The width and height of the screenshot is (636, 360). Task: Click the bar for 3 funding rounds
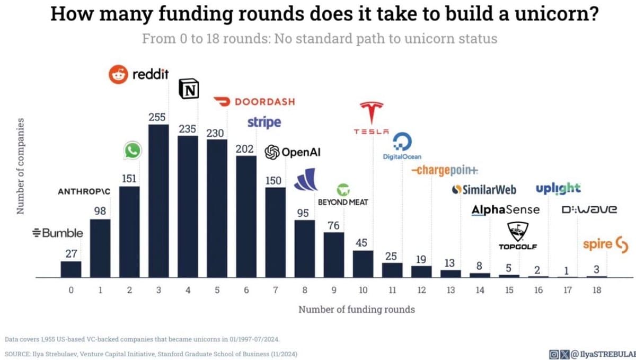tap(158, 201)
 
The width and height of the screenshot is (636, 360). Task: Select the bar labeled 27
tap(71, 269)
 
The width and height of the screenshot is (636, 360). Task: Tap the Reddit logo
tap(138, 74)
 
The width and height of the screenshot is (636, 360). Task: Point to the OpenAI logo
tap(293, 153)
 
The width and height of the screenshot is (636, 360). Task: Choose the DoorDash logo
tap(254, 102)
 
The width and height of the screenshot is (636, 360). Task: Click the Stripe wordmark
tap(264, 123)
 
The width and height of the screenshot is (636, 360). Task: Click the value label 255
tap(157, 117)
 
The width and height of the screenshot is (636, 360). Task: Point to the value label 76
tap(333, 226)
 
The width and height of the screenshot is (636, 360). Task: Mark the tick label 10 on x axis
tap(363, 291)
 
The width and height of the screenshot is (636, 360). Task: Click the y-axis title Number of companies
tap(21, 166)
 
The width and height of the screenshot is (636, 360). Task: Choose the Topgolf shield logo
tap(517, 232)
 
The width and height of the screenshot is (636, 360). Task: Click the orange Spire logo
tap(605, 244)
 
